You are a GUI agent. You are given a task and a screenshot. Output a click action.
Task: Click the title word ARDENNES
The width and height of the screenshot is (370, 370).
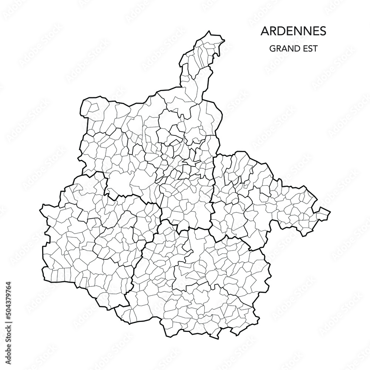pos(293,31)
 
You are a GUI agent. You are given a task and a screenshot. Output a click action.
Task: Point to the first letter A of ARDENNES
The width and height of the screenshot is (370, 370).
pos(265,31)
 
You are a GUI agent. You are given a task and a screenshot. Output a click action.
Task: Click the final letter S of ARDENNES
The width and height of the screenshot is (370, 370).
pos(323,31)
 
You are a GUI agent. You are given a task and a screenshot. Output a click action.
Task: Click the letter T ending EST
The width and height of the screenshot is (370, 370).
pos(314,48)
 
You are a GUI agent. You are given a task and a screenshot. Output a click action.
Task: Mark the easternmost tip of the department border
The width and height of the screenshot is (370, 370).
pos(330,213)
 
